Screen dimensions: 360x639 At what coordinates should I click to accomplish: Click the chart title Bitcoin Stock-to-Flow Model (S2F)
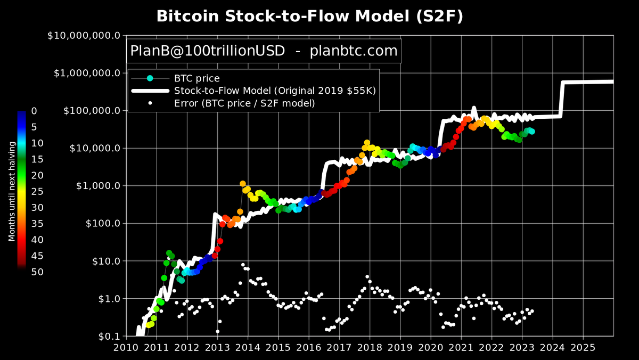tap(309, 16)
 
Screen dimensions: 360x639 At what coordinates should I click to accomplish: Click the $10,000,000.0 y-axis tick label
tap(83, 36)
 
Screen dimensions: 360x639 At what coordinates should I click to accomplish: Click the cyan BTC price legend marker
tap(150, 78)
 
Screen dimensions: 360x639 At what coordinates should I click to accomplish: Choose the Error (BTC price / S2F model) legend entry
tap(244, 103)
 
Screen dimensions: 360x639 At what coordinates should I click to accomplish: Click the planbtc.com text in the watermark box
tap(354, 51)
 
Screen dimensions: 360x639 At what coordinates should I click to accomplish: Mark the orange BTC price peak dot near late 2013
tap(243, 184)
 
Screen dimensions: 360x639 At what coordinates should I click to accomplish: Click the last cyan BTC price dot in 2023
tap(532, 132)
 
